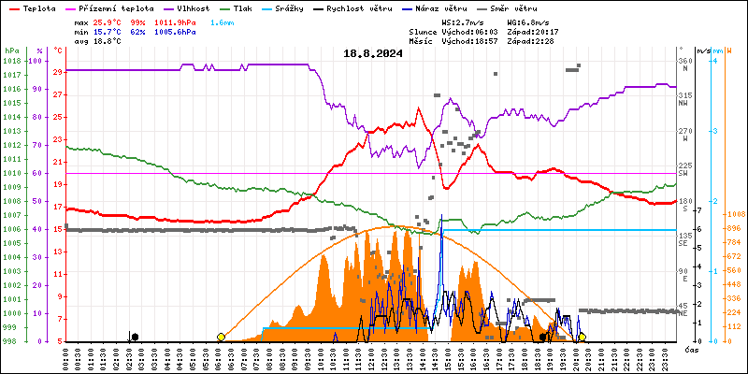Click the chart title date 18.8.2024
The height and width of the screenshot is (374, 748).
tap(373, 53)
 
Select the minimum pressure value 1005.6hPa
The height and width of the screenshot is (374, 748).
tap(177, 31)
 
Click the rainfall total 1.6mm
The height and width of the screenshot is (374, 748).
tap(223, 21)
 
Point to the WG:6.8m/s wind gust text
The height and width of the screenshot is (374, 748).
tap(528, 21)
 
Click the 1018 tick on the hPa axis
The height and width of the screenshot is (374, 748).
tap(11, 61)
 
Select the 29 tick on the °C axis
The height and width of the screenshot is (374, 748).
tap(58, 72)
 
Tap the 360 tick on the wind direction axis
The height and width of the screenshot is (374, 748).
tap(684, 61)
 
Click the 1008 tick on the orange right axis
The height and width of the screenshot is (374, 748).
tap(735, 214)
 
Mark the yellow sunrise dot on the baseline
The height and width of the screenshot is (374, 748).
tap(221, 337)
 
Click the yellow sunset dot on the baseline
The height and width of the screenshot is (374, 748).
tap(582, 337)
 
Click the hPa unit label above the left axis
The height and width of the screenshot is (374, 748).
tap(11, 50)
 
